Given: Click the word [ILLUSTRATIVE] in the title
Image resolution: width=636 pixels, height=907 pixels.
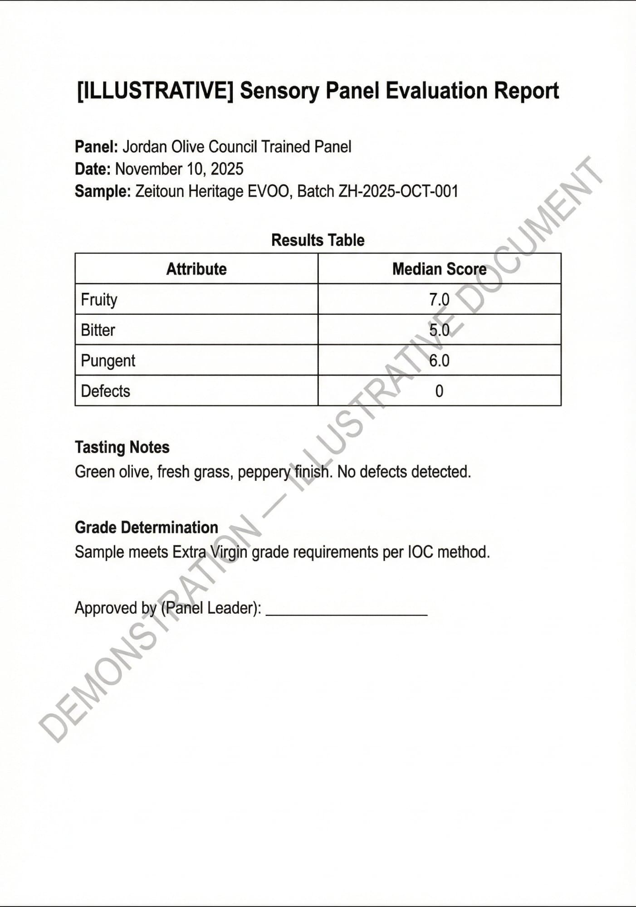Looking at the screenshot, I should (155, 91).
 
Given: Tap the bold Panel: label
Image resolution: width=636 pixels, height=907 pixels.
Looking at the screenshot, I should (96, 147).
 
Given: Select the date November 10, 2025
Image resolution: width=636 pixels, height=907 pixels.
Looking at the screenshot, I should (179, 169).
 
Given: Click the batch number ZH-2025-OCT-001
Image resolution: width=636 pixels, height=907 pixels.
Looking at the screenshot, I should (398, 191).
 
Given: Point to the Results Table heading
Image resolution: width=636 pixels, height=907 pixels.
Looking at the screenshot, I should (318, 240).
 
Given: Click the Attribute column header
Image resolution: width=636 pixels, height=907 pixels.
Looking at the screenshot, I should (196, 269).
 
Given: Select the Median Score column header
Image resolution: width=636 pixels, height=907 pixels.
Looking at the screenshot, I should (439, 269).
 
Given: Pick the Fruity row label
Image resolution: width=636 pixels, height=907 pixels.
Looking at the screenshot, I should (99, 300).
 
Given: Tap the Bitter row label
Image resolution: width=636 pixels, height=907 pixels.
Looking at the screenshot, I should (98, 330).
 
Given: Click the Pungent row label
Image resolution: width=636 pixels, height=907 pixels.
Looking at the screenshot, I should (108, 361).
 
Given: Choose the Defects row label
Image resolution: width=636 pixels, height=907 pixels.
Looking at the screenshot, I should (105, 391).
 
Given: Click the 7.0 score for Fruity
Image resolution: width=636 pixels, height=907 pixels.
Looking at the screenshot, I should (439, 300).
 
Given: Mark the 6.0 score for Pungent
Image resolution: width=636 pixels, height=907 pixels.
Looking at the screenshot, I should (439, 361).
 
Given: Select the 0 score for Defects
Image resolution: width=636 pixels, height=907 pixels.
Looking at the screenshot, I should (439, 391).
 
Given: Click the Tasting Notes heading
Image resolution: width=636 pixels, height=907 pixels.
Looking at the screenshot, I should (122, 447).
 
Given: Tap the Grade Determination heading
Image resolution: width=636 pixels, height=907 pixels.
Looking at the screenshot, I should (146, 527).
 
